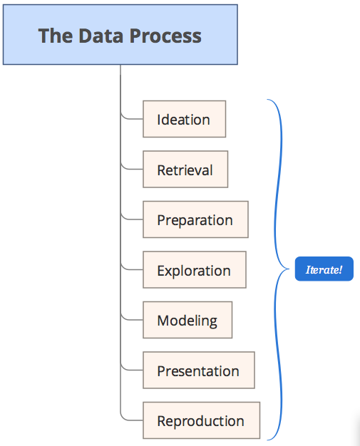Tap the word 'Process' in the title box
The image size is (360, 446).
coord(165,36)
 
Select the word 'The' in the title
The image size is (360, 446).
coord(56,36)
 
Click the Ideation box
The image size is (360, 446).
coord(185,119)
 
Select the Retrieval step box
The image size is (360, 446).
coord(185,170)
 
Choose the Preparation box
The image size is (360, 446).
coord(195,219)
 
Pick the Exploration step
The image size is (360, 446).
coord(195,269)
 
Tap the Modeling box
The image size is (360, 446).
coord(187,320)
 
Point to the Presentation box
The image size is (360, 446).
coord(199,370)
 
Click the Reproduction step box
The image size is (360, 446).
coord(201,420)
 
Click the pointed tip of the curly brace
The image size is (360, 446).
coord(289,269)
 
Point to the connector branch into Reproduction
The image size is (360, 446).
coord(131,420)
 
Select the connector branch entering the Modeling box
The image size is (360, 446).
coord(131,319)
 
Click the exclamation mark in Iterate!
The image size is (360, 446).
coord(340,269)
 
